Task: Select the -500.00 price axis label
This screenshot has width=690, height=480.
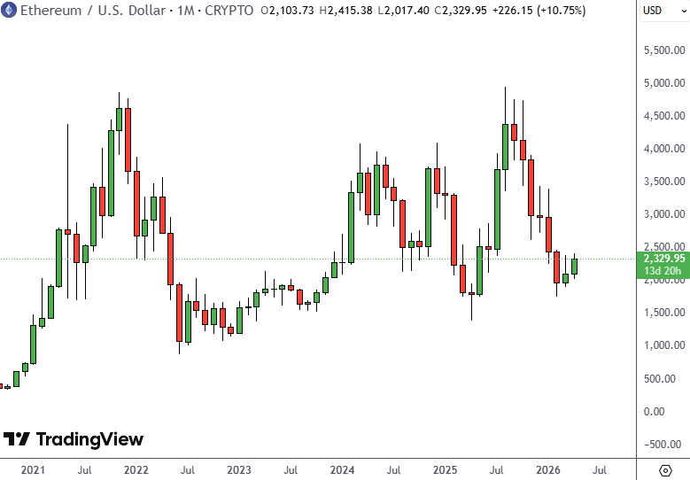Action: tap(665, 445)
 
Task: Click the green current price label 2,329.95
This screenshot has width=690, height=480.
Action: tap(663, 258)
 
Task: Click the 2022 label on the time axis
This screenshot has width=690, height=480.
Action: tap(136, 469)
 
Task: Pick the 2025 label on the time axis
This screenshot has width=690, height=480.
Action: tap(444, 469)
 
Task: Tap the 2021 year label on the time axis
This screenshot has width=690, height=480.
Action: tap(32, 469)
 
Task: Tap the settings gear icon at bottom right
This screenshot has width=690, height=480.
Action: tap(665, 469)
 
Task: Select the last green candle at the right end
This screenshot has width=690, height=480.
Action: tap(574, 266)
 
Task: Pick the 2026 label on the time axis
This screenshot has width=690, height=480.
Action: tap(548, 469)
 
